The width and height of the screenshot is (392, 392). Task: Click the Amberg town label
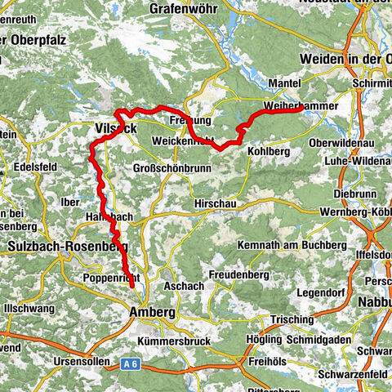[x=151, y=312]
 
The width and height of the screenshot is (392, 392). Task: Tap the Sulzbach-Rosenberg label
[x=57, y=246]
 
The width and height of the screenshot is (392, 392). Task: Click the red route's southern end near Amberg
[x=131, y=287]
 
